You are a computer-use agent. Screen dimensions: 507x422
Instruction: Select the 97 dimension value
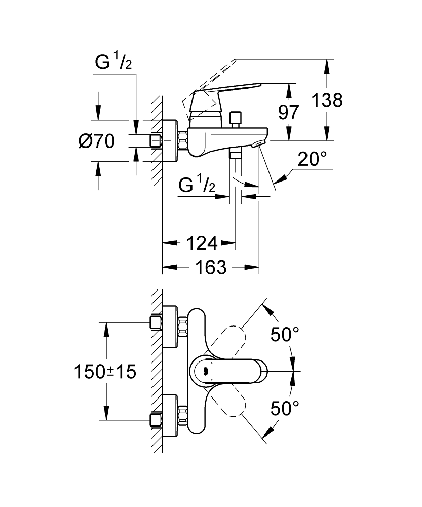click(289, 112)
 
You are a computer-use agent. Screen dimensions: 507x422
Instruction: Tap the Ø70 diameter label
click(96, 140)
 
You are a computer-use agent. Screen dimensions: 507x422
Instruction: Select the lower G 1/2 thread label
click(198, 187)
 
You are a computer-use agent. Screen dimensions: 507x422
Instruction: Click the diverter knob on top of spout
click(235, 119)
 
